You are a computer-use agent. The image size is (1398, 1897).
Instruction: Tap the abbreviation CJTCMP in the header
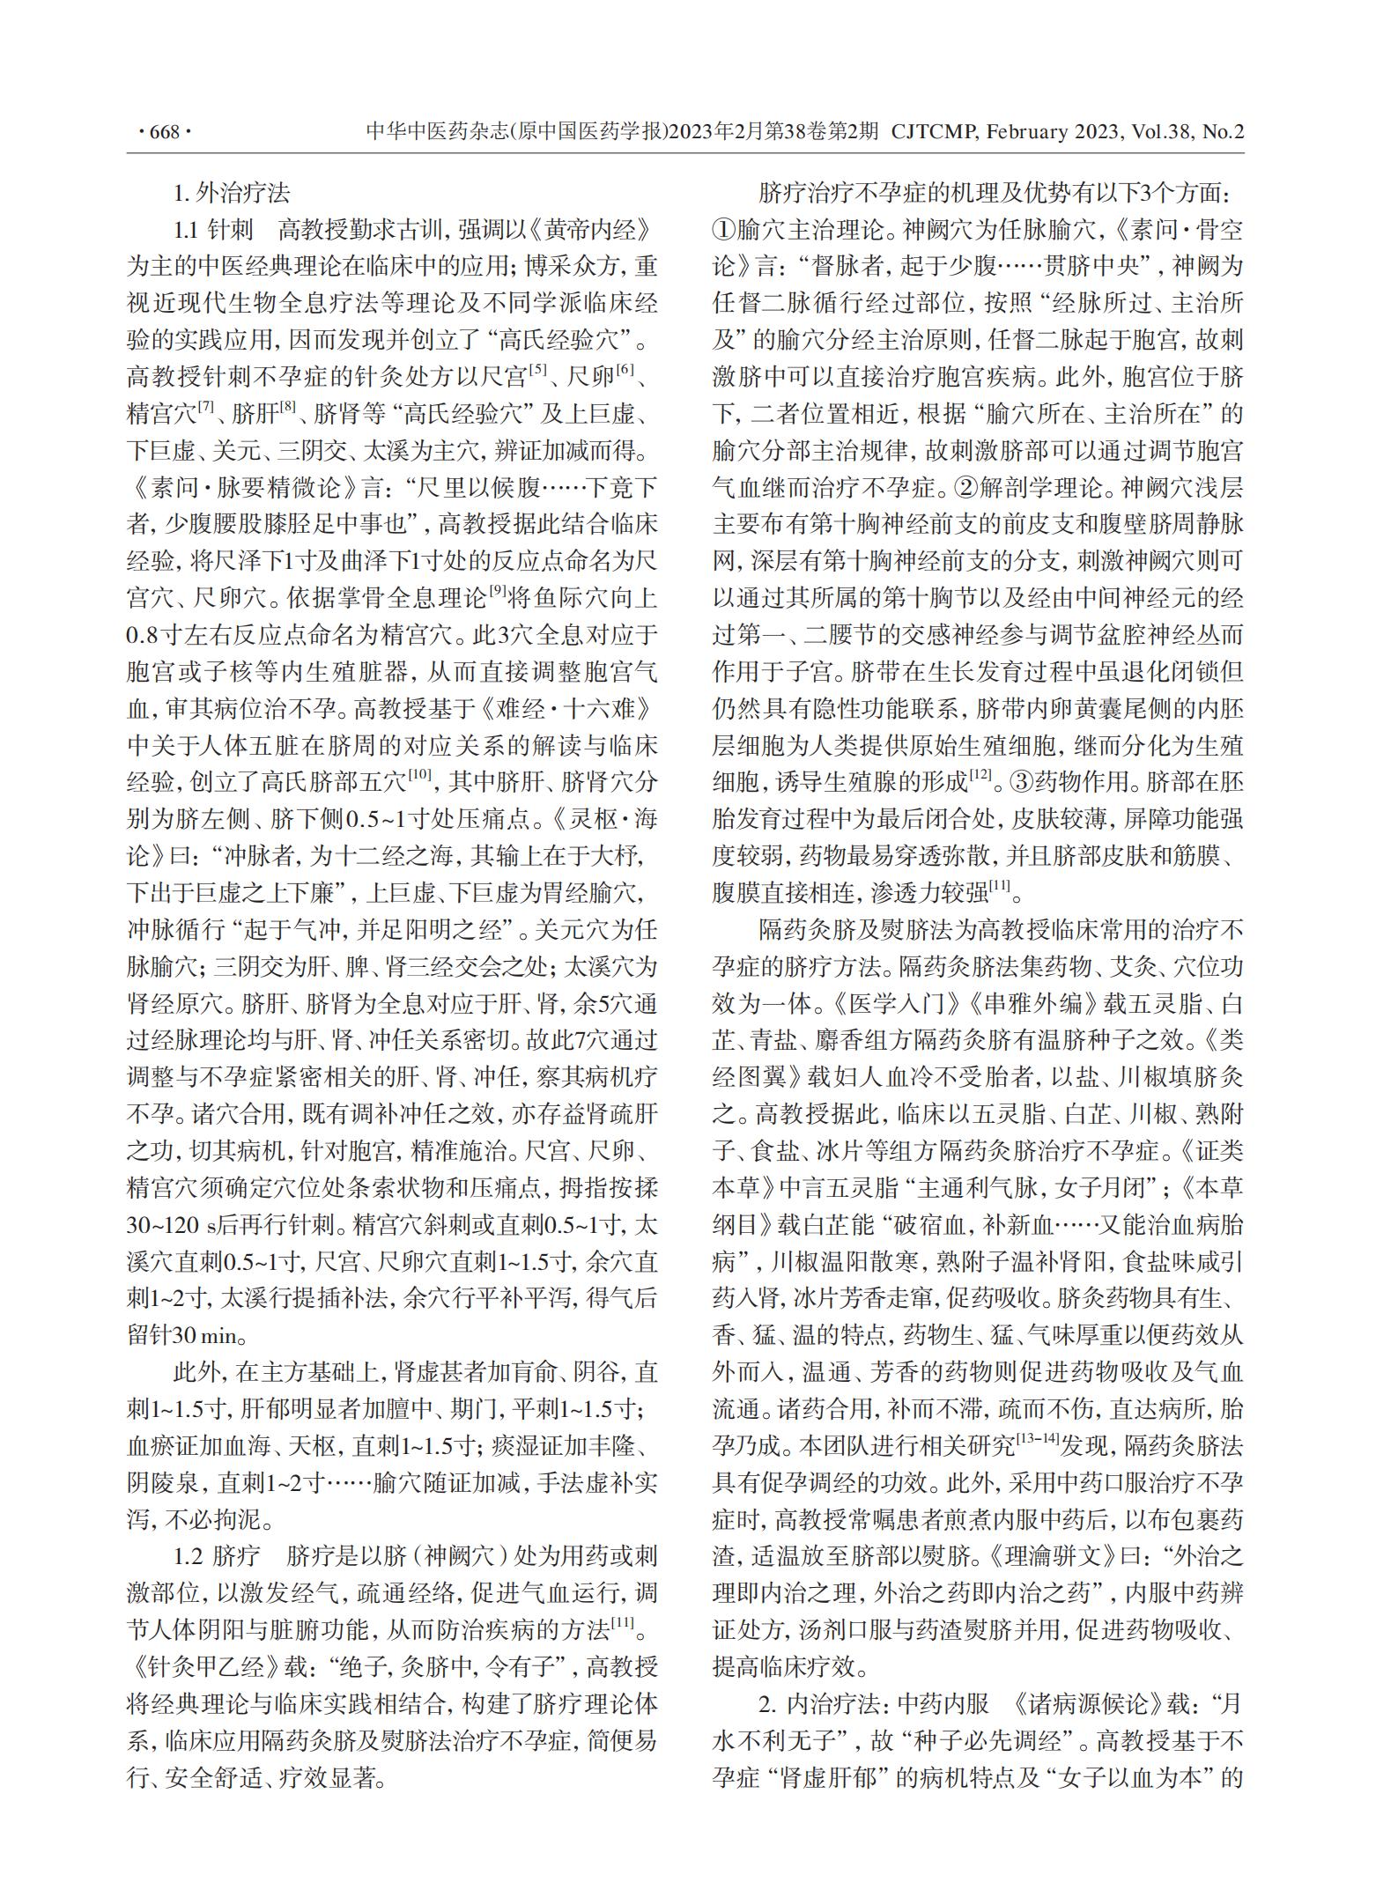click(x=935, y=133)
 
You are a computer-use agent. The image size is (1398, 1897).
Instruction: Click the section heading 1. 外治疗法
click(x=232, y=193)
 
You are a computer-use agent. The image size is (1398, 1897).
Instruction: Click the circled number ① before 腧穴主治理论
click(x=724, y=230)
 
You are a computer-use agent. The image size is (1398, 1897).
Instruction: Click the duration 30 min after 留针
click(x=206, y=1335)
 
